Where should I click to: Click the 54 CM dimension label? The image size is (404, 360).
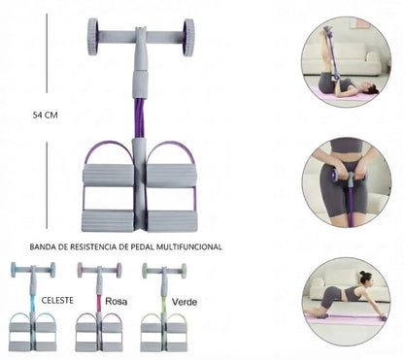45,115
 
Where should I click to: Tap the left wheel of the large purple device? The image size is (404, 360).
92,37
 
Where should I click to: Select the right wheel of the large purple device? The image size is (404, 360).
188,38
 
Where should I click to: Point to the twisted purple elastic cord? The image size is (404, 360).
139,118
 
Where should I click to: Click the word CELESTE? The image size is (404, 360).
57,300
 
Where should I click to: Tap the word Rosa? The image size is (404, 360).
116,302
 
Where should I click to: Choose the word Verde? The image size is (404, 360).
185,302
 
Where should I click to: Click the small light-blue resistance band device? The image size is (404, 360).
33,307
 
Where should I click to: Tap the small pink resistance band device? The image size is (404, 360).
99,307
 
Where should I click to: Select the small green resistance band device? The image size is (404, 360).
164,307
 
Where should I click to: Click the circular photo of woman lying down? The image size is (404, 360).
346,62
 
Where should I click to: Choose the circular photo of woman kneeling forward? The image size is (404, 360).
346,302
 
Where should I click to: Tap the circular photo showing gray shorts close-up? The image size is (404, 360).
346,182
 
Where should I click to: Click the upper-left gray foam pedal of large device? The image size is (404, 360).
108,176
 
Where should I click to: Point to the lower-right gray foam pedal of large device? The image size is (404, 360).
172,221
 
